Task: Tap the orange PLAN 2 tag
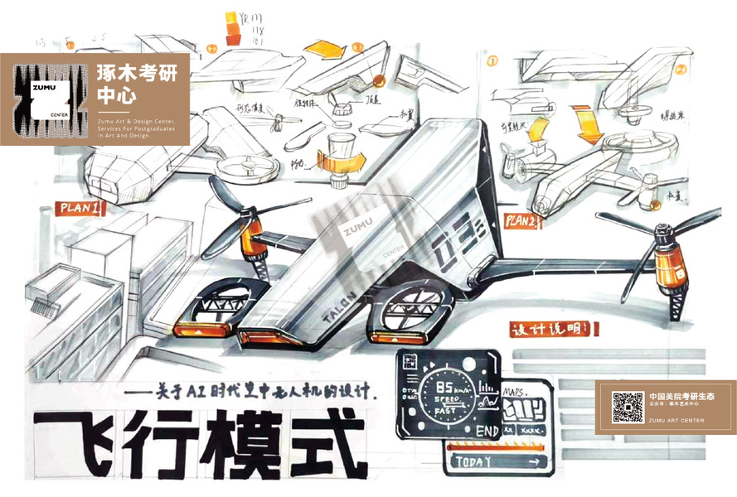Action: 526,221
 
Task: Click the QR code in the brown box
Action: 628,407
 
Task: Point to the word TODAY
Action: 469,461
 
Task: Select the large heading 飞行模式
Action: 198,439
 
